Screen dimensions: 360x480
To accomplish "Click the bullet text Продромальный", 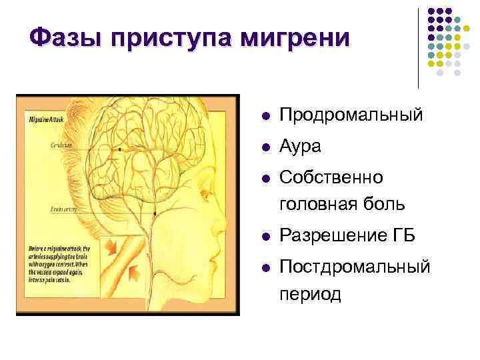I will click(351, 115).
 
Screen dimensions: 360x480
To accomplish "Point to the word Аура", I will click(300, 147).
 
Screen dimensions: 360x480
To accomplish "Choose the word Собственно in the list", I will click(331, 178).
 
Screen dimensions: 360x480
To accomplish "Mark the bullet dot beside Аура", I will click(265, 147).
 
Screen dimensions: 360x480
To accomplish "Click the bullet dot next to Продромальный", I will click(265, 116).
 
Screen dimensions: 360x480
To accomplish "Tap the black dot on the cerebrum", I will click(119, 151).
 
